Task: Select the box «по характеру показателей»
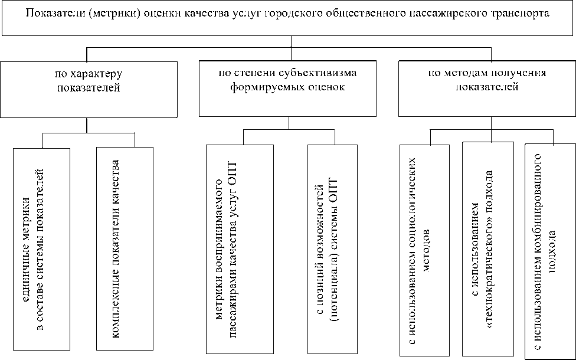click(x=89, y=89)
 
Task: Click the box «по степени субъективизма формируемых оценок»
click(x=288, y=89)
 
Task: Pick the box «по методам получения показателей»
click(x=486, y=89)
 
